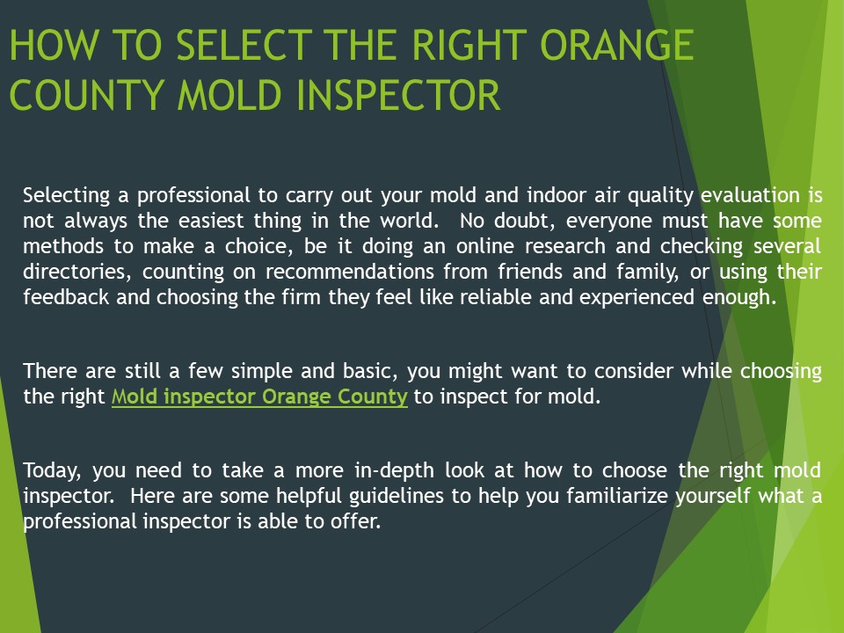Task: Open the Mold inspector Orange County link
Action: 259,397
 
